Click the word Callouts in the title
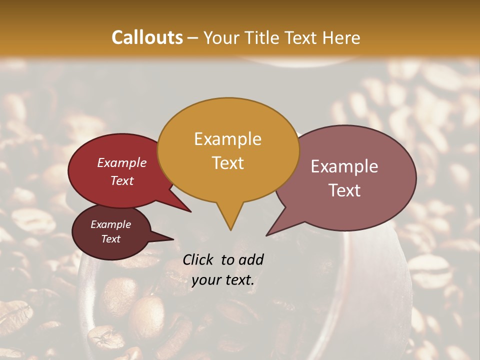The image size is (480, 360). click(147, 37)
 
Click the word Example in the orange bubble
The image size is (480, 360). click(227, 139)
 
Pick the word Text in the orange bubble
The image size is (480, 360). click(227, 163)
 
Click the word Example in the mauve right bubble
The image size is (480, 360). click(344, 166)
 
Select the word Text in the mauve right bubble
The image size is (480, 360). click(344, 190)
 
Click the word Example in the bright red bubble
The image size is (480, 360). click(122, 162)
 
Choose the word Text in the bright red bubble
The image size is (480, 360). click(122, 180)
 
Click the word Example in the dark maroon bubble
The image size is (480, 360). click(110, 224)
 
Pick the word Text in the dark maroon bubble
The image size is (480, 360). click(110, 239)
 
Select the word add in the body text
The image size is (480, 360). click(251, 259)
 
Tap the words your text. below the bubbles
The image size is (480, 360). click(223, 280)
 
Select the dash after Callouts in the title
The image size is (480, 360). click(193, 38)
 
